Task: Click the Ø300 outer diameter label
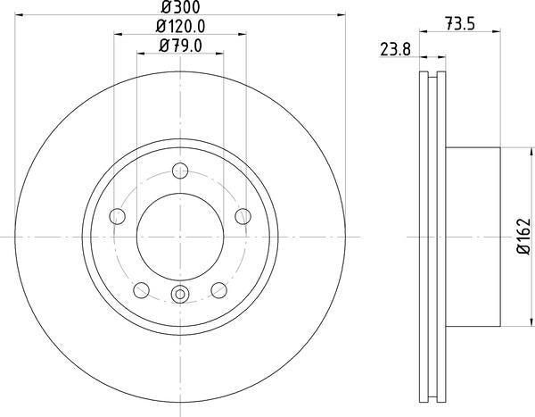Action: [180, 9]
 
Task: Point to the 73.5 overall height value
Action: [459, 27]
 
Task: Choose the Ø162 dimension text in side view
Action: [523, 236]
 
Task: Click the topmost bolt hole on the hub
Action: [180, 172]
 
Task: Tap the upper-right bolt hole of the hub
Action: [242, 215]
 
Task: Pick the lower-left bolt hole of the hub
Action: [141, 288]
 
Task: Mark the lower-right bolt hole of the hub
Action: [219, 288]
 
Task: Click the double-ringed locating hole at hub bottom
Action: [180, 295]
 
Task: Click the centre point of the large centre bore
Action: [180, 236]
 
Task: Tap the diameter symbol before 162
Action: [523, 256]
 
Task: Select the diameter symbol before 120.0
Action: [160, 27]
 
